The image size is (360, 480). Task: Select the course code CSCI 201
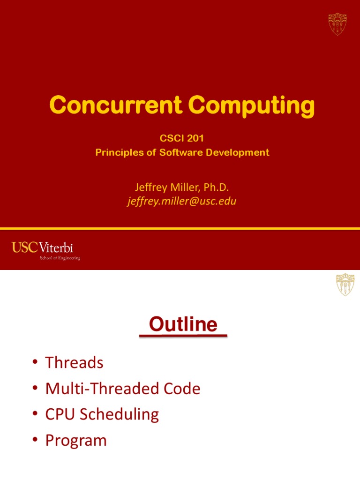click(x=182, y=139)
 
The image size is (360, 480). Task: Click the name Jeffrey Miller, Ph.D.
click(x=182, y=187)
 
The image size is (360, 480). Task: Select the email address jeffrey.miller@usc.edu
click(x=182, y=202)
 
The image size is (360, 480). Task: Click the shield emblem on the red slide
click(x=337, y=23)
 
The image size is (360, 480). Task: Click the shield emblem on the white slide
click(x=345, y=285)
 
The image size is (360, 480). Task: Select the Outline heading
click(x=183, y=324)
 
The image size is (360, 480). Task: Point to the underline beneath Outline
click(x=183, y=336)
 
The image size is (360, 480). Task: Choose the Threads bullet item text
click(x=74, y=362)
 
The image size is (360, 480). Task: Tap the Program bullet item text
click(x=76, y=440)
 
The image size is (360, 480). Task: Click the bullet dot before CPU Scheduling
click(x=36, y=415)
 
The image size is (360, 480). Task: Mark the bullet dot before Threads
click(x=36, y=363)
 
